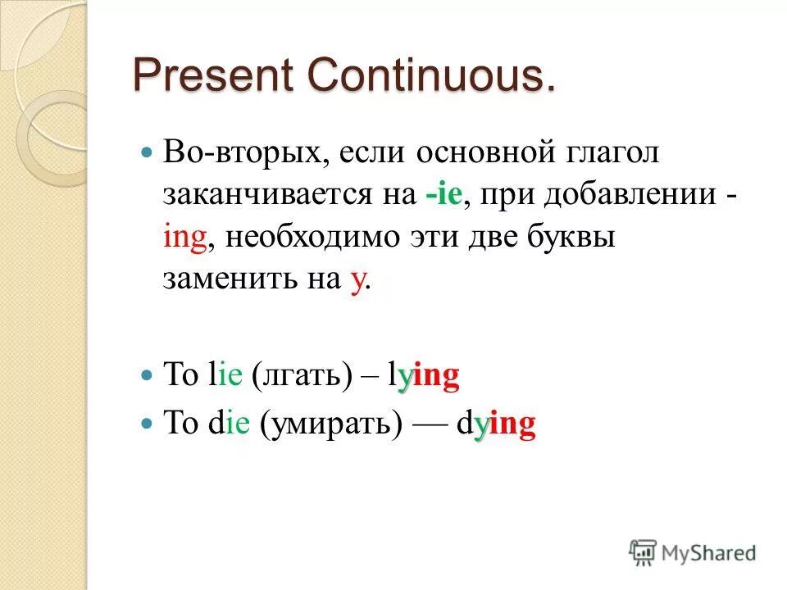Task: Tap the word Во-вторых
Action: [219, 154]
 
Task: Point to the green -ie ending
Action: [445, 197]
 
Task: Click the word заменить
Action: [217, 280]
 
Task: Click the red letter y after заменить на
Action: [356, 282]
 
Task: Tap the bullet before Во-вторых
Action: [147, 153]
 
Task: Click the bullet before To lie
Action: [147, 376]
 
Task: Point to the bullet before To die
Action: [147, 424]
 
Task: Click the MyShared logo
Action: [693, 553]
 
